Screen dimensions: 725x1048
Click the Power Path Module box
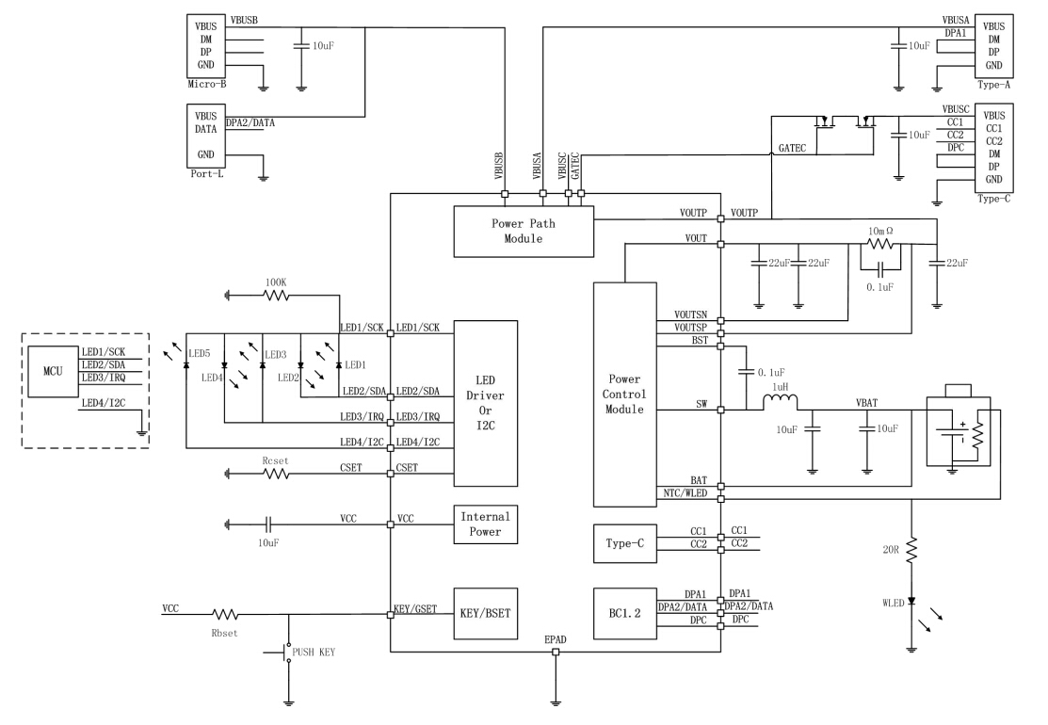524,232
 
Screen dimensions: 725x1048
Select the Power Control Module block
624,395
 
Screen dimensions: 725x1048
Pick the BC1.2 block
624,615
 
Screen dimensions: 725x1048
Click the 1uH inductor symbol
780,402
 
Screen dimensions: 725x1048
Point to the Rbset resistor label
226,633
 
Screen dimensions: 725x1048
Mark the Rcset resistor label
276,460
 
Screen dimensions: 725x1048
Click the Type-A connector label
993,84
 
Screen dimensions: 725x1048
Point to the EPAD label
555,641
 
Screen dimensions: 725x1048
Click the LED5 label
199,353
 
